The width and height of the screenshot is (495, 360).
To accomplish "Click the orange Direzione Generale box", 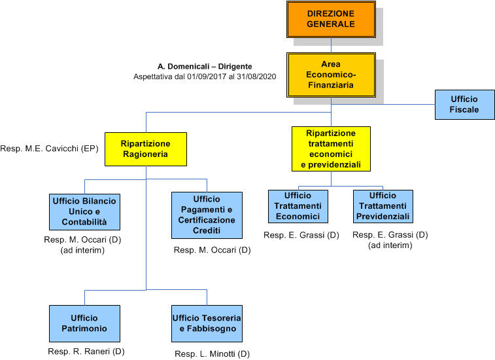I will pyautogui.click(x=331, y=19).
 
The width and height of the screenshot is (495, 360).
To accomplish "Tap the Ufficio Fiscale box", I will pyautogui.click(x=464, y=104).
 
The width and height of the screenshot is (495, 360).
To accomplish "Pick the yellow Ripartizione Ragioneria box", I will pyautogui.click(x=146, y=149).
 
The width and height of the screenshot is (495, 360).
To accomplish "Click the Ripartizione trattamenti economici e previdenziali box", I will pyautogui.click(x=331, y=149).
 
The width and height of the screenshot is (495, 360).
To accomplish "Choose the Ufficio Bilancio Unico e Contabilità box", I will pyautogui.click(x=84, y=211).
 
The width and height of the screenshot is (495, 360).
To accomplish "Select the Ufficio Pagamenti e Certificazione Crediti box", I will pyautogui.click(x=207, y=215).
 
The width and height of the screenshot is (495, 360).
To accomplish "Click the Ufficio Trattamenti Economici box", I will pyautogui.click(x=298, y=206).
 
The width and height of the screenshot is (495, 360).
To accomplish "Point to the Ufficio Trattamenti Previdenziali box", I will pyautogui.click(x=383, y=206).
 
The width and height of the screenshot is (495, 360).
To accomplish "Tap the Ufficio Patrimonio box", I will pyautogui.click(x=84, y=323).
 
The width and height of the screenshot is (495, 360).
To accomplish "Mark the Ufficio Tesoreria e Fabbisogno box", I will pyautogui.click(x=207, y=323).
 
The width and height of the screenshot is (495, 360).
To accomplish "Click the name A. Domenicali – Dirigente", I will pyautogui.click(x=205, y=67).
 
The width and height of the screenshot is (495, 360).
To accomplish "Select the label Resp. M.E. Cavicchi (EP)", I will pyautogui.click(x=49, y=149).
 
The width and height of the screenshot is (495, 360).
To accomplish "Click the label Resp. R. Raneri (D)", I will pyautogui.click(x=86, y=351).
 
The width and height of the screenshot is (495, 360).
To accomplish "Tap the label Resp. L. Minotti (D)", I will pyautogui.click(x=212, y=354).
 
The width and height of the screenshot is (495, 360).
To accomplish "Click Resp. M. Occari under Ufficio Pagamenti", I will pyautogui.click(x=212, y=250).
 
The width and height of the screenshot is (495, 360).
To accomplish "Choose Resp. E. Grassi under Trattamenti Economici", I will pyautogui.click(x=301, y=234).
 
